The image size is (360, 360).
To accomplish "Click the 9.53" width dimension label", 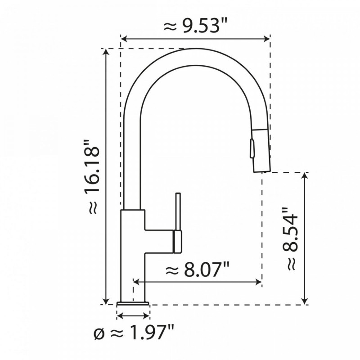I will point(195,26).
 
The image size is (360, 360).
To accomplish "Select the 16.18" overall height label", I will point(92,178).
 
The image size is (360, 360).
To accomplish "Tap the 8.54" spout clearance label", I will point(290,238).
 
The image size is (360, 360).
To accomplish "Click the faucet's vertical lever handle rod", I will point(178,211).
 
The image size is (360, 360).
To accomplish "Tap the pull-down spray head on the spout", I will point(260,148).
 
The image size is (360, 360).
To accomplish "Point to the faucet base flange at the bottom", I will point(133,304).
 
